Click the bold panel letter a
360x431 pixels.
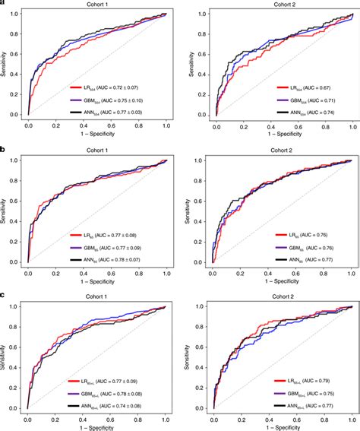(x=3, y=4)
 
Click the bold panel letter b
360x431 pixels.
(x=3, y=150)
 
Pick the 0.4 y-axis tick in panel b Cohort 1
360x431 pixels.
(x=17, y=221)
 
